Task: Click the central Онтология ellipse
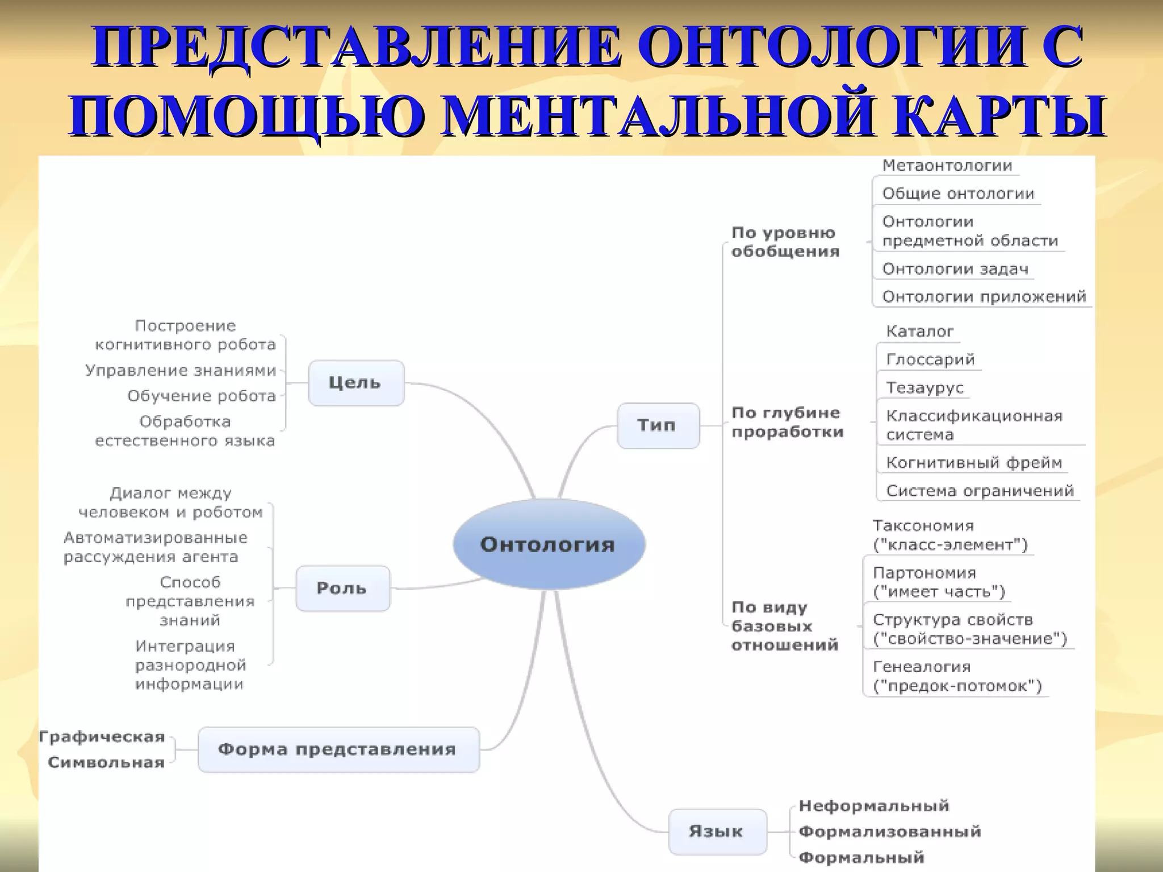pyautogui.click(x=549, y=544)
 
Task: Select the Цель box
pyautogui.click(x=355, y=383)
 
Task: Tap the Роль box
pyautogui.click(x=342, y=588)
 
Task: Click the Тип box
pyautogui.click(x=657, y=425)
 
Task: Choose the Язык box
pyautogui.click(x=716, y=832)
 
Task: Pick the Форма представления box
pyautogui.click(x=338, y=749)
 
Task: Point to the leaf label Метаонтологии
pyautogui.click(x=947, y=166)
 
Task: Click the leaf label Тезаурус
pyautogui.click(x=925, y=388)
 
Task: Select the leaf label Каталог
pyautogui.click(x=920, y=332)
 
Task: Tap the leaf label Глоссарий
pyautogui.click(x=930, y=359)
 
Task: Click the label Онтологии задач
pyautogui.click(x=955, y=269)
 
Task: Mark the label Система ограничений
pyautogui.click(x=980, y=491)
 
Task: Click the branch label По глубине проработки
pyautogui.click(x=787, y=422)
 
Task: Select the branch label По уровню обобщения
pyautogui.click(x=785, y=242)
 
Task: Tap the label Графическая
pyautogui.click(x=102, y=737)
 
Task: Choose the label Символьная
pyautogui.click(x=106, y=762)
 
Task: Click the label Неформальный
pyautogui.click(x=874, y=806)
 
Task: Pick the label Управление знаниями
pyautogui.click(x=181, y=371)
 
